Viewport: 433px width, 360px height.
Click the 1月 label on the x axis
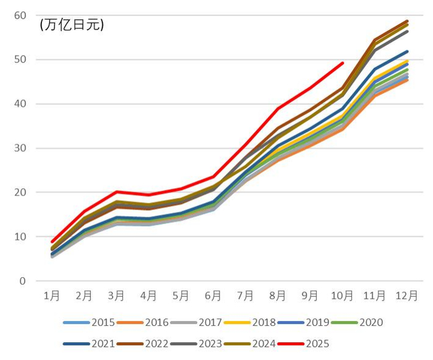pyautogui.click(x=52, y=296)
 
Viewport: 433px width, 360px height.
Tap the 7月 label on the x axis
pyautogui.click(x=245, y=296)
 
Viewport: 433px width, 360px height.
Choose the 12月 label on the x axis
pyautogui.click(x=406, y=296)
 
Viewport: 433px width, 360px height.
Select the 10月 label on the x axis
pyautogui.click(x=342, y=296)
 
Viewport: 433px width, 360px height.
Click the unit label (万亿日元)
pyautogui.click(x=72, y=25)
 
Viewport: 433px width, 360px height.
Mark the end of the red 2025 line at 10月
pyautogui.click(x=342, y=63)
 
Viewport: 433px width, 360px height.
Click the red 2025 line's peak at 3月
pyautogui.click(x=117, y=192)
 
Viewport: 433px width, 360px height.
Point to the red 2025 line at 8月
pyautogui.click(x=278, y=109)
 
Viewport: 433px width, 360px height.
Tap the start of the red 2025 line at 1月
pyautogui.click(x=53, y=242)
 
